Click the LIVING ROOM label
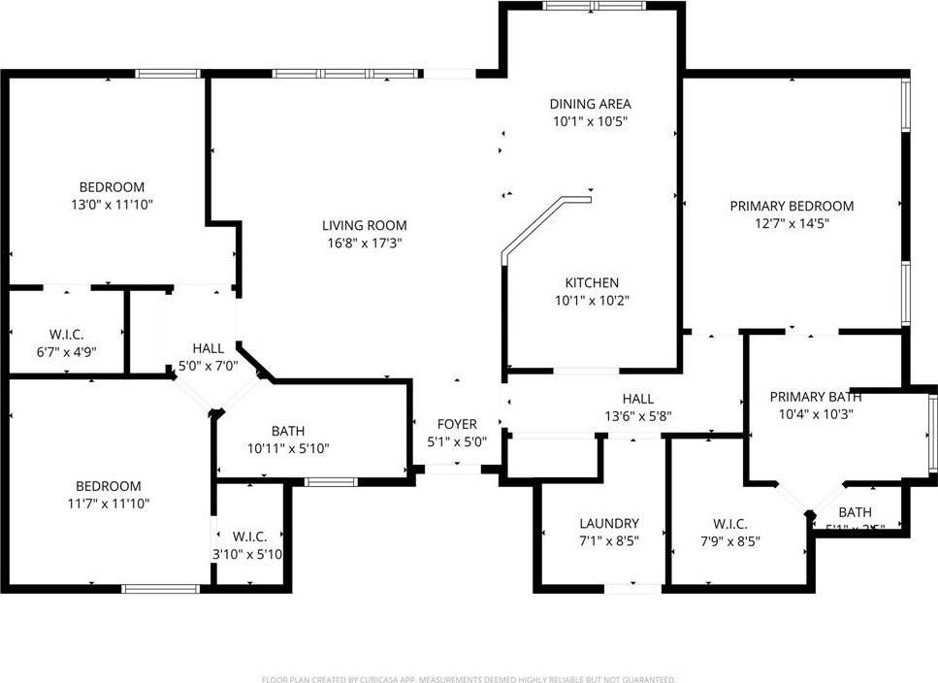click(364, 226)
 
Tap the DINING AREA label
click(590, 104)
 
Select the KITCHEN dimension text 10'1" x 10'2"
click(592, 300)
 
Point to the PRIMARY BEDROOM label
click(792, 206)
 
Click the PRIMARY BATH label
click(816, 396)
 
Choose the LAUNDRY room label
click(608, 523)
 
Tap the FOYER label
click(457, 424)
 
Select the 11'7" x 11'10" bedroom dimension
click(109, 504)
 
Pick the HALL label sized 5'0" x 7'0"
click(208, 348)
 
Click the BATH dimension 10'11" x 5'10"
click(289, 448)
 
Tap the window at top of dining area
click(594, 6)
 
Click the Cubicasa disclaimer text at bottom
click(469, 679)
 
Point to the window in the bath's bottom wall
click(332, 482)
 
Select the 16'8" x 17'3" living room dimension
click(364, 244)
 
